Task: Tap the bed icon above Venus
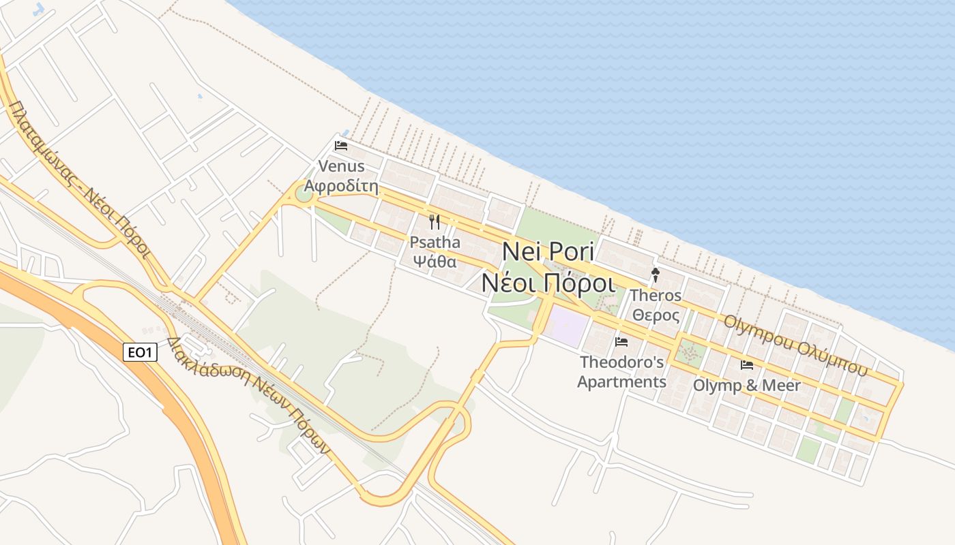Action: (341, 146)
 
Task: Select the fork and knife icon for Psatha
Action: (435, 222)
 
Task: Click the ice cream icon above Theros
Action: (656, 275)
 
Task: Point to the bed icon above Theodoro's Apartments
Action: (621, 342)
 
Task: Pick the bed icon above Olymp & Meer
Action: (747, 365)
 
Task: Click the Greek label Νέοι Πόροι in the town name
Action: (548, 282)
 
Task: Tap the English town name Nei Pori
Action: (548, 251)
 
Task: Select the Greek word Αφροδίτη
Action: (341, 186)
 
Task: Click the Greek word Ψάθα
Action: (435, 260)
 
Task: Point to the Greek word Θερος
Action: (656, 315)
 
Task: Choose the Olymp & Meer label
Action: (747, 386)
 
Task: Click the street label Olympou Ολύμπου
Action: (795, 345)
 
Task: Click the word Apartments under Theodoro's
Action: (621, 381)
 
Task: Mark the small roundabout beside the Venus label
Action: (303, 194)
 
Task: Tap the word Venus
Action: (341, 166)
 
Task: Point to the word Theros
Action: (656, 296)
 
